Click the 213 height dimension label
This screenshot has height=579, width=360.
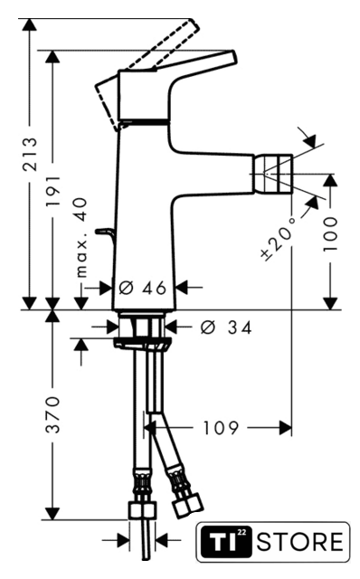[31, 154]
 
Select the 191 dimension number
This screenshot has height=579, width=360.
[53, 191]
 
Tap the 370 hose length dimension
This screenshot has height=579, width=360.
[53, 414]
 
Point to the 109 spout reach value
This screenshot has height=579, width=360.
[221, 428]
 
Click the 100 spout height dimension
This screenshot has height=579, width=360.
[330, 234]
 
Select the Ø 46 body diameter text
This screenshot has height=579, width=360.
[143, 288]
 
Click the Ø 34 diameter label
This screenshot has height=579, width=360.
[226, 327]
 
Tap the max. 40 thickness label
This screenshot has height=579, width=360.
[81, 237]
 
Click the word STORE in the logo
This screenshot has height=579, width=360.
[300, 542]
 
